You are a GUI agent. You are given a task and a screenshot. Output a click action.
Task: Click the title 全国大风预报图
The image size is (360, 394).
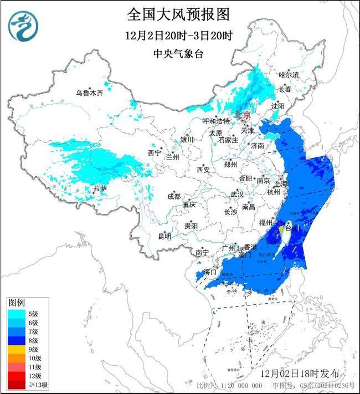178,13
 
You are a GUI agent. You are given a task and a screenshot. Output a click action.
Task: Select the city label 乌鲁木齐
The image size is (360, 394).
90,93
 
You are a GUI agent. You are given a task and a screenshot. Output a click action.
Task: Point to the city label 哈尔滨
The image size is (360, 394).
289,74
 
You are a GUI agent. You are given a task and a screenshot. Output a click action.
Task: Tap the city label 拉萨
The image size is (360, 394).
100,188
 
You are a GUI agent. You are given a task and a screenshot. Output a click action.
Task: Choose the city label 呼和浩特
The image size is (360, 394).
215,121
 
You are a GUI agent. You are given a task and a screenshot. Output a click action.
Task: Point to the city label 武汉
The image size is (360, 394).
237,195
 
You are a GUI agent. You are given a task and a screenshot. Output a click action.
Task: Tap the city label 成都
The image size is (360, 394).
173,196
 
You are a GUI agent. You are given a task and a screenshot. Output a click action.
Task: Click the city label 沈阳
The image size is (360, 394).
278,105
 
